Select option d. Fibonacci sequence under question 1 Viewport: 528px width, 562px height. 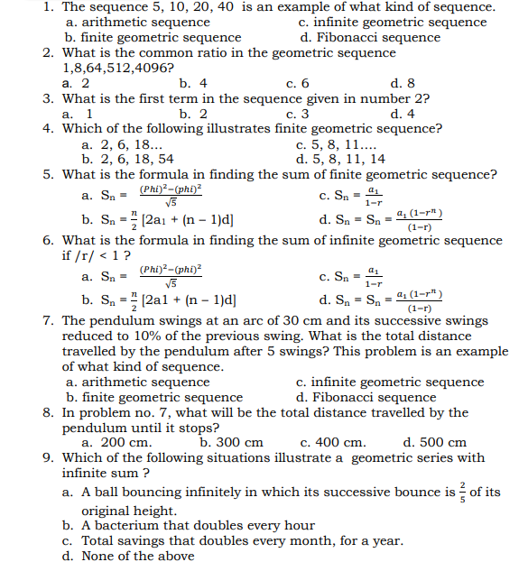[369, 37]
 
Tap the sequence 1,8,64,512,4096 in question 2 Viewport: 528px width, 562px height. [118, 68]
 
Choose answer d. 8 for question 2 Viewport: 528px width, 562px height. [403, 83]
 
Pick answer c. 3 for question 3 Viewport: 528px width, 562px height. [297, 114]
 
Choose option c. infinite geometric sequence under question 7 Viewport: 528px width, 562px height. [390, 382]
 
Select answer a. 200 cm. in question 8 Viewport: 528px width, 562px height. [116, 442]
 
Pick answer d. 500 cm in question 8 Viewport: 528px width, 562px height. [434, 442]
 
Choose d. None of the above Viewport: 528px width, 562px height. [127, 556]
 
